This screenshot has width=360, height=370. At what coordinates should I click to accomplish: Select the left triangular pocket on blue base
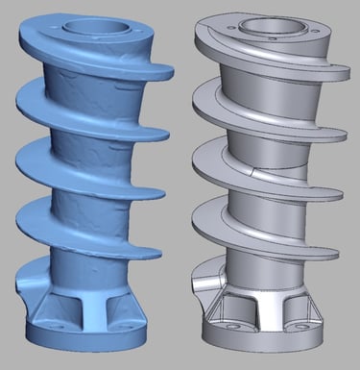[60, 308]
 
